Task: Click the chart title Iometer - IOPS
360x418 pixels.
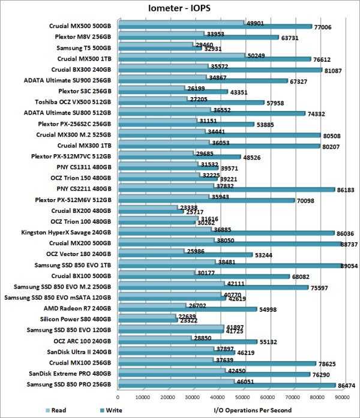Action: pyautogui.click(x=179, y=8)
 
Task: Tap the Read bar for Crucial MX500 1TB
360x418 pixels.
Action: pyautogui.click(x=180, y=56)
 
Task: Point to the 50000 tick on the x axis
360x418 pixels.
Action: pyautogui.click(x=242, y=397)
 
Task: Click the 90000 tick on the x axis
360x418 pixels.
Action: pyautogui.click(x=343, y=397)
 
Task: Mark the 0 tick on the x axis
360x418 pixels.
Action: pyautogui.click(x=118, y=397)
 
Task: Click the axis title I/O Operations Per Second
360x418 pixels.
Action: pyautogui.click(x=253, y=411)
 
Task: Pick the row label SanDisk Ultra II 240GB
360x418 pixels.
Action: pyautogui.click(x=80, y=352)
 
